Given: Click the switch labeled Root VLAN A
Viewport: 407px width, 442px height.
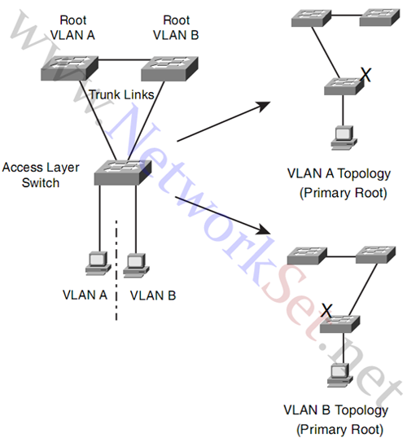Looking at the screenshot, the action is (x=70, y=68).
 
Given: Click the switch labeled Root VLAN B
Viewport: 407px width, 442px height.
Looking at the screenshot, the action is (x=169, y=68).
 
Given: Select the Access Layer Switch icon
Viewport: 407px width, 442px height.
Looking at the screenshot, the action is (x=123, y=173).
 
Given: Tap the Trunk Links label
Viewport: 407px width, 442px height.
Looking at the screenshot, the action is (x=122, y=94).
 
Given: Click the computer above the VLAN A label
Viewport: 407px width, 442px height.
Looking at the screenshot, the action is (x=98, y=263).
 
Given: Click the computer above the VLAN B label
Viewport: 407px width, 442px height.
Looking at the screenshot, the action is (x=136, y=265).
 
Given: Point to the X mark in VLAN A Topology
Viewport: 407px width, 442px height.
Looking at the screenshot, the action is (x=365, y=75).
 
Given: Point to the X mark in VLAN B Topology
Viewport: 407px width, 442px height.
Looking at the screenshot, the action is (x=326, y=310).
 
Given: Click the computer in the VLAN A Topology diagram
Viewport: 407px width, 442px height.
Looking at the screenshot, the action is (x=344, y=138).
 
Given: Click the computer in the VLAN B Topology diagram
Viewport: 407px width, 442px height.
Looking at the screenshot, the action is (x=340, y=375).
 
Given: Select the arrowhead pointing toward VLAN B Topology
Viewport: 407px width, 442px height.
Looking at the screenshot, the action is (x=264, y=230).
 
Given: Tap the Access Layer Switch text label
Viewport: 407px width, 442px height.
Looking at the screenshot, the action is (x=41, y=175).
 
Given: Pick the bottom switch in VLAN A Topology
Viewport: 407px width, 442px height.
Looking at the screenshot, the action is (x=344, y=86).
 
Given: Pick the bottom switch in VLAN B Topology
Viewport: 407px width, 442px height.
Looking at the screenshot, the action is (x=340, y=324).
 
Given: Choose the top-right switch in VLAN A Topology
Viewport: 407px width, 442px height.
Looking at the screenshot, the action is (x=379, y=17).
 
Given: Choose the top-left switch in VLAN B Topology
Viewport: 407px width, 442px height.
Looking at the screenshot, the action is (x=307, y=256).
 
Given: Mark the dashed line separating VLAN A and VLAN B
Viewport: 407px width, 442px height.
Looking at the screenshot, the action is (x=116, y=270).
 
